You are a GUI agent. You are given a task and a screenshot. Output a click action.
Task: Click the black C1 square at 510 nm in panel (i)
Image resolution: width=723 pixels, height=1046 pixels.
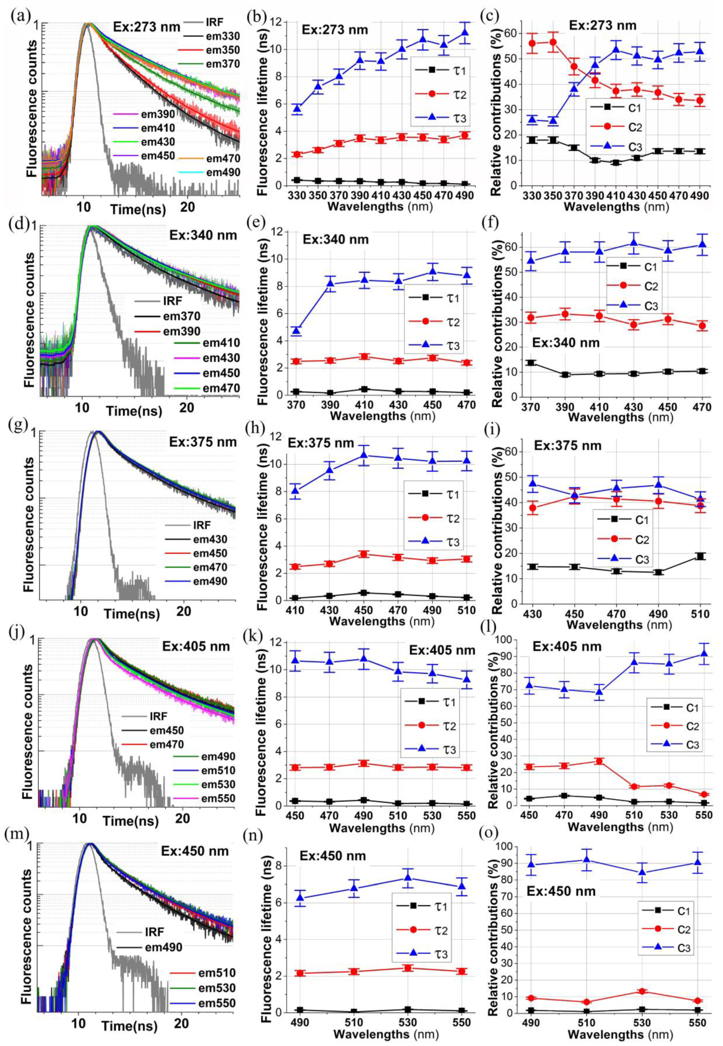click(700, 556)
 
